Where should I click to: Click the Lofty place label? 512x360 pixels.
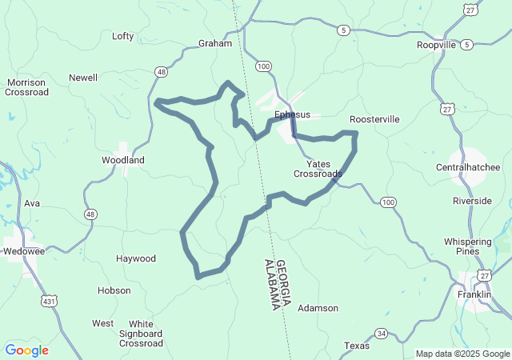tap(123, 36)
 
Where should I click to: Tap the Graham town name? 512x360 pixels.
tap(214, 44)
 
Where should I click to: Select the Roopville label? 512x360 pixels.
tap(436, 46)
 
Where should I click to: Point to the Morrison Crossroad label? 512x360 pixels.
tap(27, 87)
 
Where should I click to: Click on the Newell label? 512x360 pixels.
tap(83, 78)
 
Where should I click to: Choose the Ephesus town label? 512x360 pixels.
tap(292, 114)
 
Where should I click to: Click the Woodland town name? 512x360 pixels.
tap(123, 160)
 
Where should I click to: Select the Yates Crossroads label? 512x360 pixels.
tap(318, 169)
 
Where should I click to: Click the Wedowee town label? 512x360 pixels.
tap(24, 249)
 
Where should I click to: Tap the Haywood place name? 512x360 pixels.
tap(136, 258)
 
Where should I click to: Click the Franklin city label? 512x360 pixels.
tap(474, 294)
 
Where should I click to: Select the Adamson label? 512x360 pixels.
tap(318, 308)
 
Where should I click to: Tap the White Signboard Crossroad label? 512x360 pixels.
tap(142, 334)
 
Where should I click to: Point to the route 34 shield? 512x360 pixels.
tap(382, 333)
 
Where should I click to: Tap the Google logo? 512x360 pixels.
tap(26, 350)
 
